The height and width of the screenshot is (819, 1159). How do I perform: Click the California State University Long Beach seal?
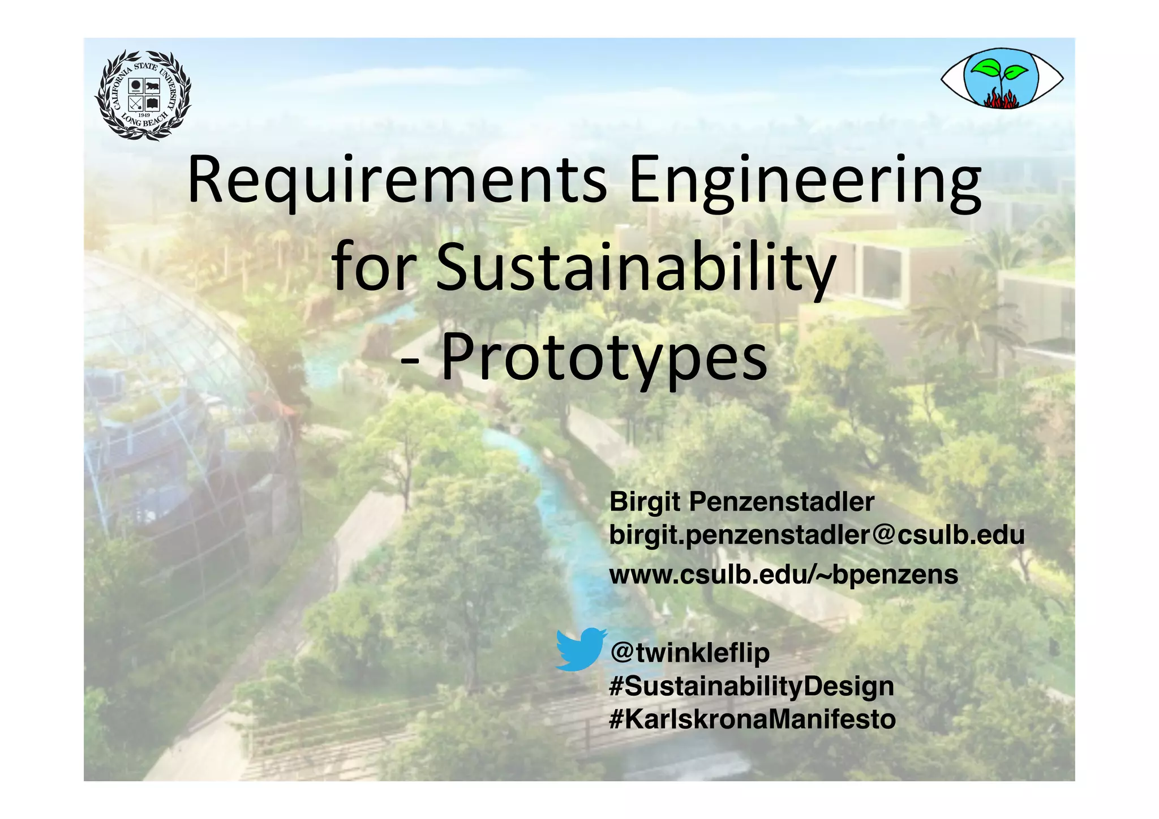[143, 95]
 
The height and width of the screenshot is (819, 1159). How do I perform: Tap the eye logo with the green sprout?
[1002, 78]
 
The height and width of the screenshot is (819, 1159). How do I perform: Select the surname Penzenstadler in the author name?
[782, 501]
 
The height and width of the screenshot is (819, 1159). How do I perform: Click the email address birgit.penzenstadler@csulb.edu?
[817, 535]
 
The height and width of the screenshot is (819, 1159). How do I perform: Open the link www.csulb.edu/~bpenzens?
[783, 574]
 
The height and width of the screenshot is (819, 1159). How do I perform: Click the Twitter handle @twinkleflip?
[690, 653]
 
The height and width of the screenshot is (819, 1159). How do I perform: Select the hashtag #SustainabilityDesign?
[752, 686]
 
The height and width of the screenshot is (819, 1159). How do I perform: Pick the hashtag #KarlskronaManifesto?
[752, 719]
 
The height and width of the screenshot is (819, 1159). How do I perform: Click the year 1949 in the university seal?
[144, 115]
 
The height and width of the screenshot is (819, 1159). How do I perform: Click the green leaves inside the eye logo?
[999, 70]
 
